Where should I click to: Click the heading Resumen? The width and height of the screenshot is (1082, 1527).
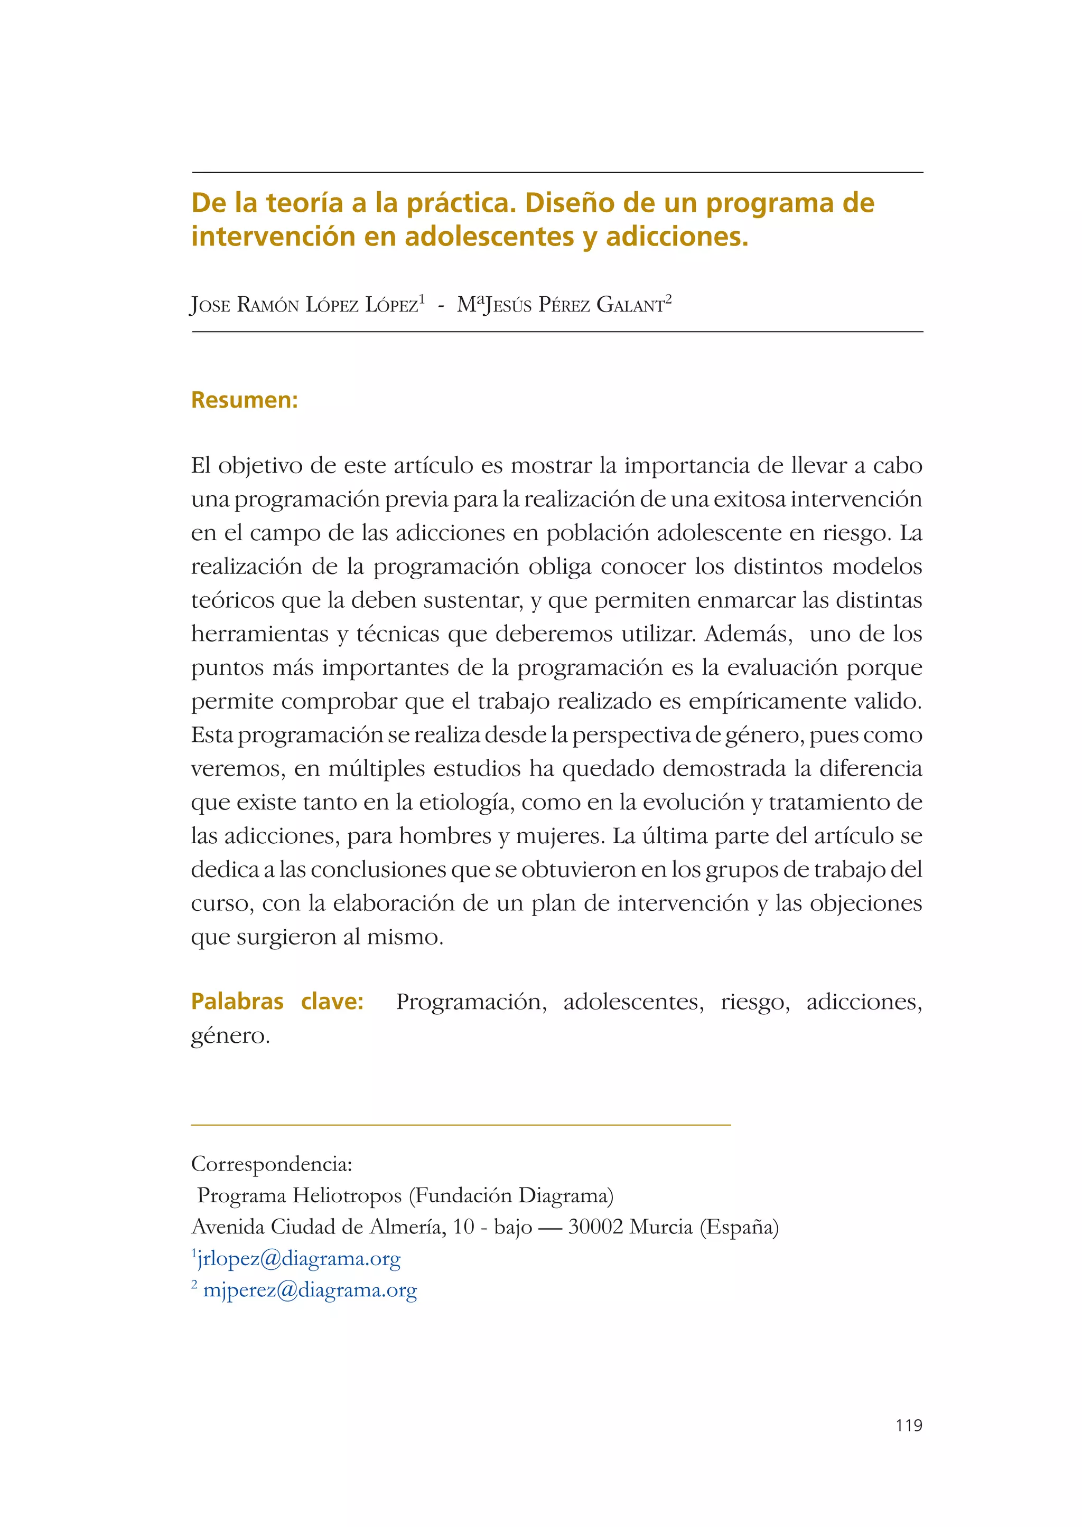[244, 400]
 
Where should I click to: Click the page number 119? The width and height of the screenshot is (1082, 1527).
[909, 1425]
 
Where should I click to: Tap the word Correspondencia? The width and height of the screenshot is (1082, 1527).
[271, 1164]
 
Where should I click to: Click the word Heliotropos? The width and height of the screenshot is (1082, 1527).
[347, 1195]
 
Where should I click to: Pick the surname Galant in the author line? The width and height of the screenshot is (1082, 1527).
[630, 305]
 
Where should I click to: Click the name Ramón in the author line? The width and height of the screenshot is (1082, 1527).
[268, 305]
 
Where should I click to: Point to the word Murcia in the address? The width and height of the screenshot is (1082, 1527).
[660, 1227]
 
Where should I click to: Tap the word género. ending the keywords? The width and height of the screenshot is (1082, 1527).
[230, 1035]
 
